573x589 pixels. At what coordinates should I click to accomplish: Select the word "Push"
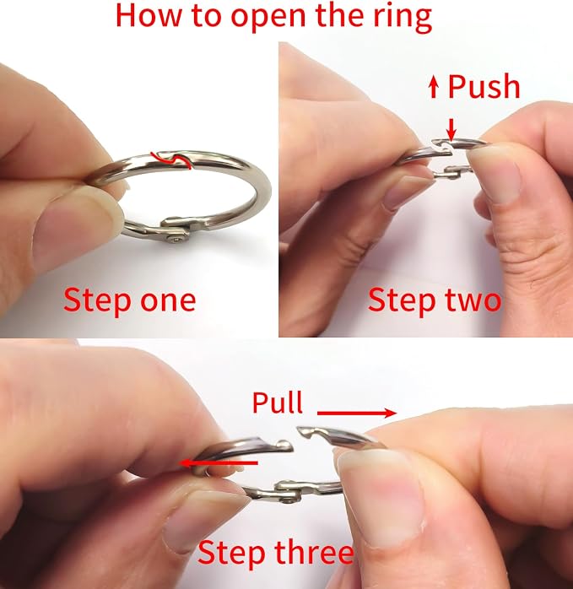tap(484, 86)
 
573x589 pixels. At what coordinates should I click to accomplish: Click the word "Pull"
tap(278, 403)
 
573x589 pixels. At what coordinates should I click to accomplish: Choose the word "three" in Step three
tap(314, 552)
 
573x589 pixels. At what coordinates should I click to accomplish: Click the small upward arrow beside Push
tap(434, 86)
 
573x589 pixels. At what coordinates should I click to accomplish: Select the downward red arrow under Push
tap(451, 130)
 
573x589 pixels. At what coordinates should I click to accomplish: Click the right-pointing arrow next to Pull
tap(357, 413)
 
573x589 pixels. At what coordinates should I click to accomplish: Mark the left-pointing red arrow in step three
tap(219, 462)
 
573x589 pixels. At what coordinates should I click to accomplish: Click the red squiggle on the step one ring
tap(171, 159)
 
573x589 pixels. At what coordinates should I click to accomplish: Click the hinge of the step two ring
tap(448, 172)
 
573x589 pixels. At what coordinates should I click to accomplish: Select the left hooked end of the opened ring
tap(283, 446)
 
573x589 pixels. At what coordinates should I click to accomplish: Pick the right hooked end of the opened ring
tap(308, 431)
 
